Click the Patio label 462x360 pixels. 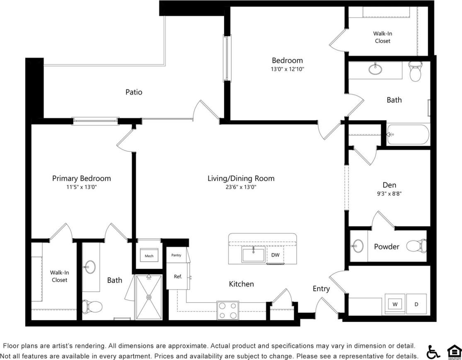click(134, 92)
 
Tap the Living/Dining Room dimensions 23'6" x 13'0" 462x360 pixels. click(241, 187)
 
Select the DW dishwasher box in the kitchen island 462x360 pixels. click(275, 255)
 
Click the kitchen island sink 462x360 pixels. click(254, 254)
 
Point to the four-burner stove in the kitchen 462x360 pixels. click(227, 311)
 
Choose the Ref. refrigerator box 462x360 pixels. click(178, 277)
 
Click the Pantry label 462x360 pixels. click(176, 255)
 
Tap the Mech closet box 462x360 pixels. click(149, 256)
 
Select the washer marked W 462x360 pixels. click(395, 304)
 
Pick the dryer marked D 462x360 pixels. click(416, 304)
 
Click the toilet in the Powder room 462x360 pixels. click(416, 246)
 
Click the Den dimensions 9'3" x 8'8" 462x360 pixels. click(389, 193)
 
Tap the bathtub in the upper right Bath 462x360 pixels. click(408, 134)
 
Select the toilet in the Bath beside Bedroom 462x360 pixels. click(414, 72)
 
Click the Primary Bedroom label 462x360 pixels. click(82, 178)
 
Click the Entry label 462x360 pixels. click(321, 289)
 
